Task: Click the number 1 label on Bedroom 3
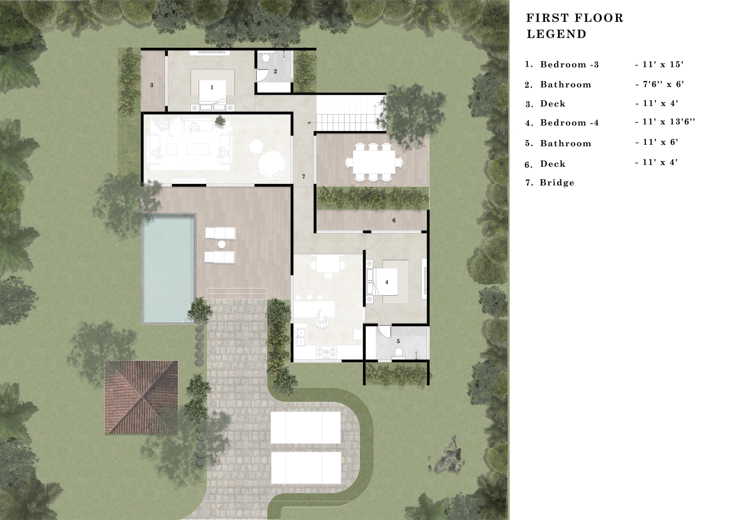[x=212, y=87]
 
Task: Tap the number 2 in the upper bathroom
[x=275, y=72]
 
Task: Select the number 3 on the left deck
[x=152, y=85]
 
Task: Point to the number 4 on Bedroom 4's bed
[x=387, y=282]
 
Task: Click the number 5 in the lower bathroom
[x=398, y=341]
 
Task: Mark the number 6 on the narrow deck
[x=394, y=221]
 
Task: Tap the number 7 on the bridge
[x=303, y=176]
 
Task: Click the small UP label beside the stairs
[x=309, y=123]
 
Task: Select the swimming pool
[x=168, y=269]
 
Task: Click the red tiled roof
[x=141, y=397]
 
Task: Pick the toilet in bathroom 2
[x=266, y=58]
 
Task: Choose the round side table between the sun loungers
[x=221, y=245]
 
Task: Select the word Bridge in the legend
[x=557, y=182]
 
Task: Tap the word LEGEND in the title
[x=557, y=34]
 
